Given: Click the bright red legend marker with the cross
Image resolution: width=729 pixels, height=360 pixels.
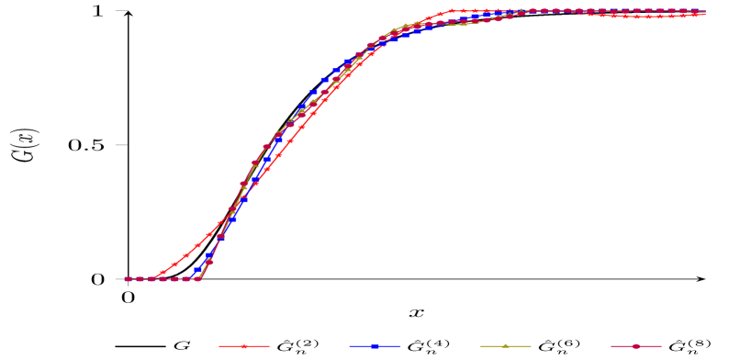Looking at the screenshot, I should tap(244, 346).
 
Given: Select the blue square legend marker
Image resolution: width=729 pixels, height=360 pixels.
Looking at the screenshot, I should tap(375, 346).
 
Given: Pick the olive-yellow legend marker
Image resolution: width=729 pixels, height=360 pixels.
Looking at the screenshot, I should tap(505, 346).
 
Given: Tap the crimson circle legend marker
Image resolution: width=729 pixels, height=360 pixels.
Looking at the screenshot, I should tap(635, 346).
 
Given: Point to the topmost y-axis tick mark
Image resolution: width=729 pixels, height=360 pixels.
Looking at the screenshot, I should tap(121, 11).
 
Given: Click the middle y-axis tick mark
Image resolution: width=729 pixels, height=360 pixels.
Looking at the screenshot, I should tap(121, 145).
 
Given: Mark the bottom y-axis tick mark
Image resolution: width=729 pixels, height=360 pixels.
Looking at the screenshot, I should tap(121, 279).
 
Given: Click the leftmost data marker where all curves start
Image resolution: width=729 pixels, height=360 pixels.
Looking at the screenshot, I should tap(128, 279).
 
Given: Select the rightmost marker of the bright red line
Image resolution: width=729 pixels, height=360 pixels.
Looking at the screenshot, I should tap(704, 15).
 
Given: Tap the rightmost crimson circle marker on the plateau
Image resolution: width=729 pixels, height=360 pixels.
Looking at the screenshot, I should tap(704, 11).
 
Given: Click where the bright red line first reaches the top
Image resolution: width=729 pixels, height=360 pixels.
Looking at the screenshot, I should tap(451, 11).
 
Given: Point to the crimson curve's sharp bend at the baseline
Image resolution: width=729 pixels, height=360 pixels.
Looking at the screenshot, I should tap(197, 278).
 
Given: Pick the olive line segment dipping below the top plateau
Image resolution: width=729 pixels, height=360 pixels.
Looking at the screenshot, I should tap(463, 24).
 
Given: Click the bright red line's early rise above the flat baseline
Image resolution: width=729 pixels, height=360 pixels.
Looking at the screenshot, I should tap(174, 264).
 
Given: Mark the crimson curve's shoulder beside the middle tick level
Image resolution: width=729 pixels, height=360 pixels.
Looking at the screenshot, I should tap(266, 147).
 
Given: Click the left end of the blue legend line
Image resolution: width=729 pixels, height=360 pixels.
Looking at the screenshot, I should tap(350, 346).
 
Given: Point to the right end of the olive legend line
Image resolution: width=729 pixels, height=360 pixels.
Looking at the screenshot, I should tap(531, 346).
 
